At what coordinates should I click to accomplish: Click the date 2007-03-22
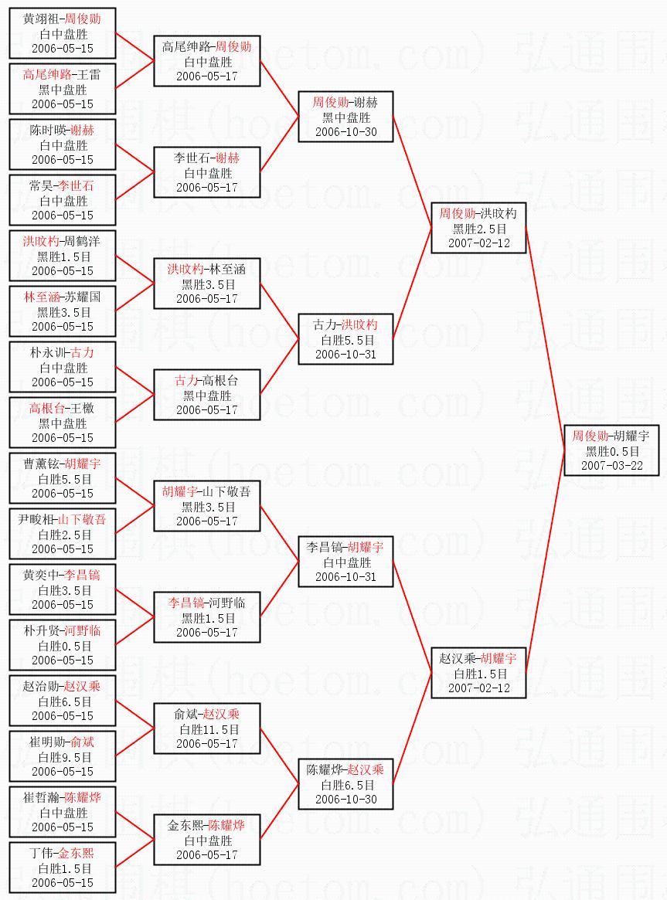pyautogui.click(x=612, y=466)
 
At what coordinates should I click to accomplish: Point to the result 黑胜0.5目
pyautogui.click(x=612, y=451)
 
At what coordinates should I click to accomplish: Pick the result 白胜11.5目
pyautogui.click(x=207, y=729)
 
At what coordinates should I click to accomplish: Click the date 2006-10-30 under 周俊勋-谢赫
pyautogui.click(x=346, y=131)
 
